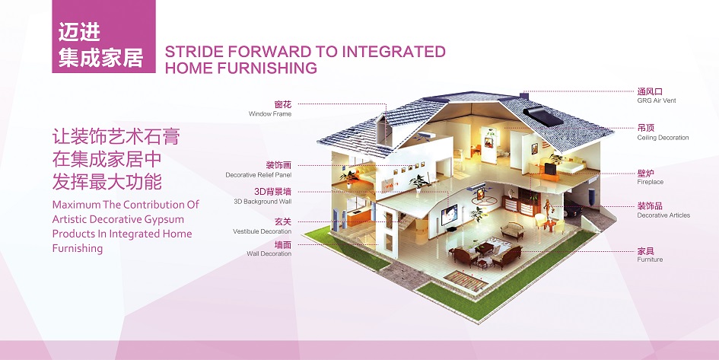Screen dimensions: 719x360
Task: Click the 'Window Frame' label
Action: click(x=269, y=113)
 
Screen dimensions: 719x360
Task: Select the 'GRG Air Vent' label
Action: click(x=656, y=100)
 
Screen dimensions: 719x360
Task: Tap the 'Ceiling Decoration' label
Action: click(x=663, y=138)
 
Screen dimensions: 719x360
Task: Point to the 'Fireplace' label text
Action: click(x=651, y=182)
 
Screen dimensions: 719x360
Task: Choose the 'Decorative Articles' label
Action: click(x=663, y=215)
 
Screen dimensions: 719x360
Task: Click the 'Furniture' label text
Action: click(x=650, y=260)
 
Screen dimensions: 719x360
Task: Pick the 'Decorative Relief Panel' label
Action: click(x=258, y=175)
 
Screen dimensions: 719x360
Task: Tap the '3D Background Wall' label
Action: click(x=262, y=202)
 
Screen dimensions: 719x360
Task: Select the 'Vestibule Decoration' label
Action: click(x=262, y=231)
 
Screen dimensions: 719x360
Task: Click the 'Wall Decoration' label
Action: click(x=269, y=253)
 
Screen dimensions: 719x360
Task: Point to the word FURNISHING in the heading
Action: click(x=267, y=68)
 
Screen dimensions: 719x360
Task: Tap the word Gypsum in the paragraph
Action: click(x=163, y=219)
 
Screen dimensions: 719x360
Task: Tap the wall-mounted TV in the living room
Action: click(x=449, y=214)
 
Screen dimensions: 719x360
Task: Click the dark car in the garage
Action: click(x=573, y=209)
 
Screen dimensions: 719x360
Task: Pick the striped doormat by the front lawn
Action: click(x=466, y=281)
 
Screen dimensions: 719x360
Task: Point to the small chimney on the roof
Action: click(x=524, y=95)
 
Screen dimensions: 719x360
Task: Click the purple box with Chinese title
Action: click(x=103, y=37)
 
